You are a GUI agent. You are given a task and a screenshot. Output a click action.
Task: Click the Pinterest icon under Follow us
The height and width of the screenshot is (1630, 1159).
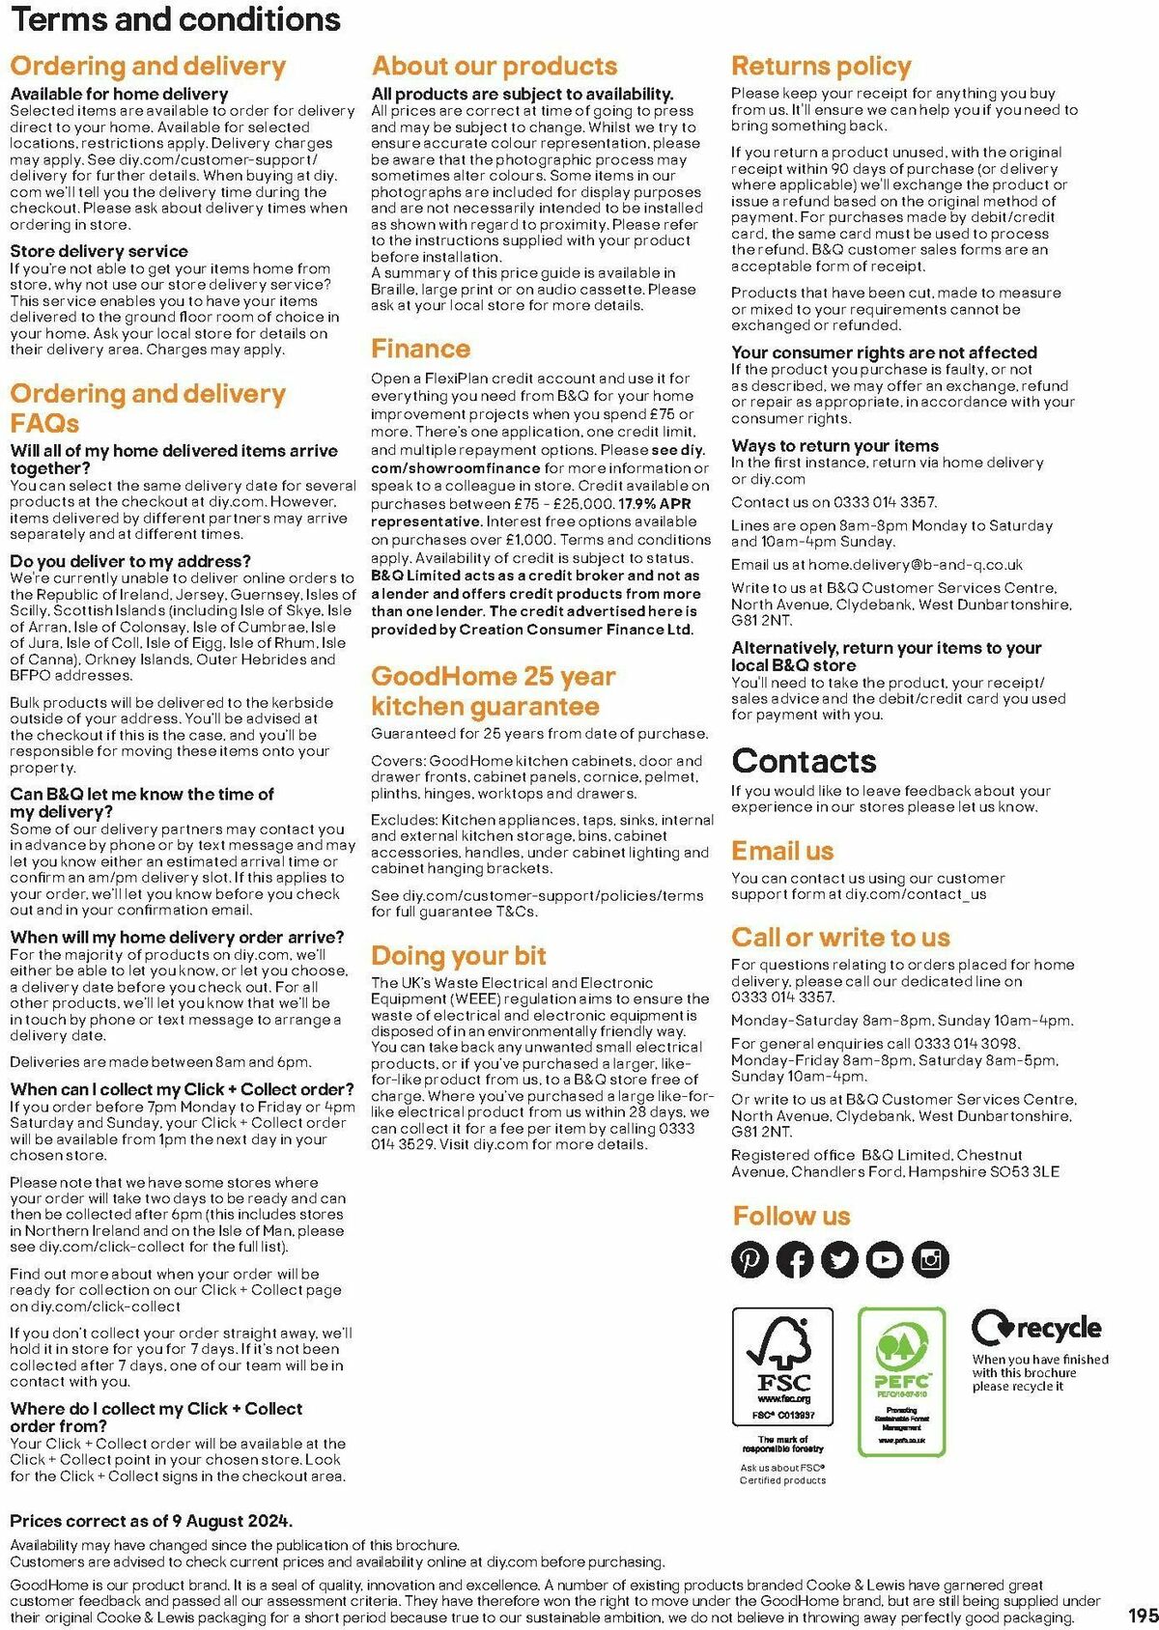tap(749, 1259)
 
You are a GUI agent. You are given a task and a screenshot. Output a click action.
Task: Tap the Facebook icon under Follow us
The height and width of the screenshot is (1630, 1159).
tap(795, 1259)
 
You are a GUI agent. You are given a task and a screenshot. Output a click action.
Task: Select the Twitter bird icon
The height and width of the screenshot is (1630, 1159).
tap(839, 1259)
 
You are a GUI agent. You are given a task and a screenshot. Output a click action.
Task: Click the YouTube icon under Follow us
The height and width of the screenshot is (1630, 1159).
tap(884, 1259)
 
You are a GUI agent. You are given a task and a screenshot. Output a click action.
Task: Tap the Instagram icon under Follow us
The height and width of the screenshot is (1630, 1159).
tap(930, 1259)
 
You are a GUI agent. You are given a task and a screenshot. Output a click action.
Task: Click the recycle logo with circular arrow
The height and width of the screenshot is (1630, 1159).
tap(1036, 1330)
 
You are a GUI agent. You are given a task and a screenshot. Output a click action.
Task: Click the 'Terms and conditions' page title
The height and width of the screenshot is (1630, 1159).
tap(176, 19)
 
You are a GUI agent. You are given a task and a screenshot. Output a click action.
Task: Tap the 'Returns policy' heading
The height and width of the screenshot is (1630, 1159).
tap(821, 67)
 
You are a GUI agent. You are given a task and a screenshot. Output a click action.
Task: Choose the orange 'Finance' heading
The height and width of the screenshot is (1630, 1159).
tap(421, 349)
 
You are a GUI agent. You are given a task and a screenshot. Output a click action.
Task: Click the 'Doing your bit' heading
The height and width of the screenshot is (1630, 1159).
tap(459, 956)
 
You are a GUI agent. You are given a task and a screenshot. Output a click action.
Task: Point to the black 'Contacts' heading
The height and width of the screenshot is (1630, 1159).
tap(804, 761)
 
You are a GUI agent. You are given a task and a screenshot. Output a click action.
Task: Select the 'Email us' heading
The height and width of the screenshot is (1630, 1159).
tap(782, 851)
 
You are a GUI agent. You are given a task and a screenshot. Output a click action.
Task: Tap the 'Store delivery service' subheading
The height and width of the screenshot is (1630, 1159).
tap(99, 251)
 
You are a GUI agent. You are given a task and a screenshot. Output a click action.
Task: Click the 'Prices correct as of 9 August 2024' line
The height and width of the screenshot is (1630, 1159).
tap(152, 1521)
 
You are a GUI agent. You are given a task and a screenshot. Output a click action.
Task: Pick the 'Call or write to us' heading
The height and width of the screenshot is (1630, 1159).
tap(840, 938)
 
